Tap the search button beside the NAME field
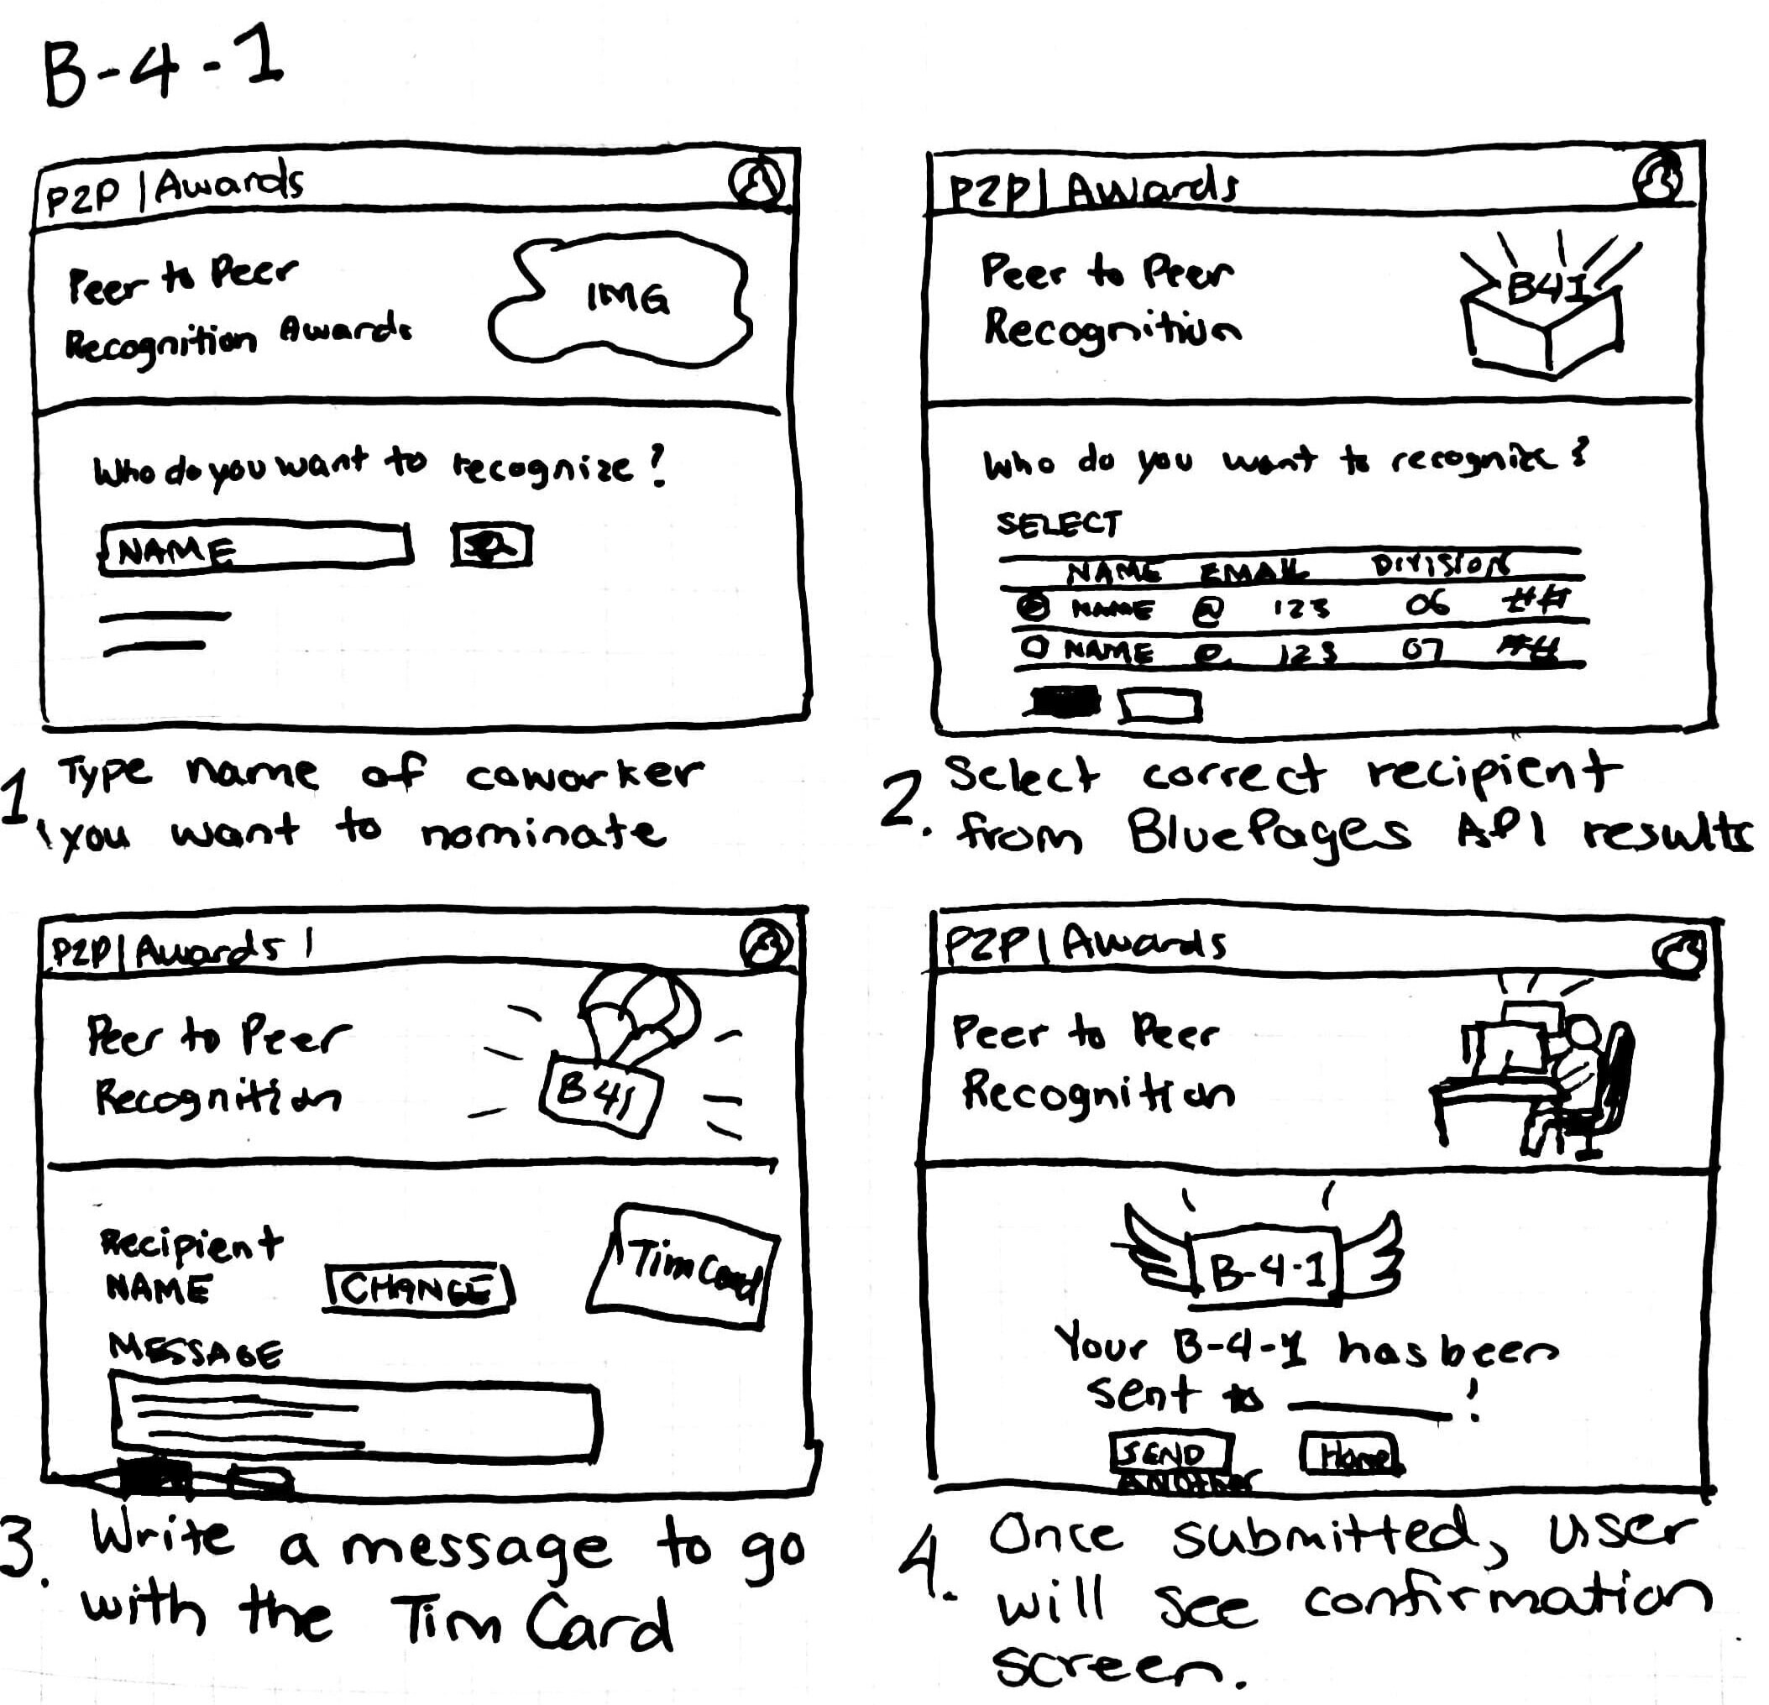491,546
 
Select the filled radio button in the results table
1034,605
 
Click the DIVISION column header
1439,565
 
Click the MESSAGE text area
356,1418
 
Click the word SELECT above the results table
1059,524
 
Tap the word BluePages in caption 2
1267,832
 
